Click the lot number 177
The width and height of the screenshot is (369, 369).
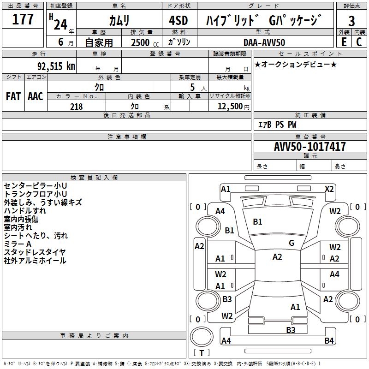(x=23, y=20)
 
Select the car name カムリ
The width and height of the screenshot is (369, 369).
(x=119, y=20)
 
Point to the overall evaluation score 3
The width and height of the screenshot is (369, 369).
(x=351, y=21)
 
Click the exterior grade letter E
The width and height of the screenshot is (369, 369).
(x=344, y=42)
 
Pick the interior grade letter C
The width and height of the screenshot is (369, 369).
(x=359, y=42)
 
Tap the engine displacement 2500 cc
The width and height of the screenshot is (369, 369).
(x=140, y=42)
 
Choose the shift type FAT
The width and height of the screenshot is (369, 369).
(x=13, y=96)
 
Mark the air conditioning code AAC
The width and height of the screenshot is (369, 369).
(x=35, y=96)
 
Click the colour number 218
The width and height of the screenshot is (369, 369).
(x=76, y=107)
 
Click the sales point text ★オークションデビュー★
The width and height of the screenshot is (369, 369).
(x=295, y=64)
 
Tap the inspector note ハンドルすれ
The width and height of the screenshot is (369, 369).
(x=25, y=211)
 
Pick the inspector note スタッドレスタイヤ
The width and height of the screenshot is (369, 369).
(x=35, y=252)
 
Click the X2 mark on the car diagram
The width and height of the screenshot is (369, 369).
(x=329, y=189)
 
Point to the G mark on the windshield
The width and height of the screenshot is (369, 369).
(x=292, y=243)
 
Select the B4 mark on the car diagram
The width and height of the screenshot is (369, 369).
(x=329, y=341)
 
